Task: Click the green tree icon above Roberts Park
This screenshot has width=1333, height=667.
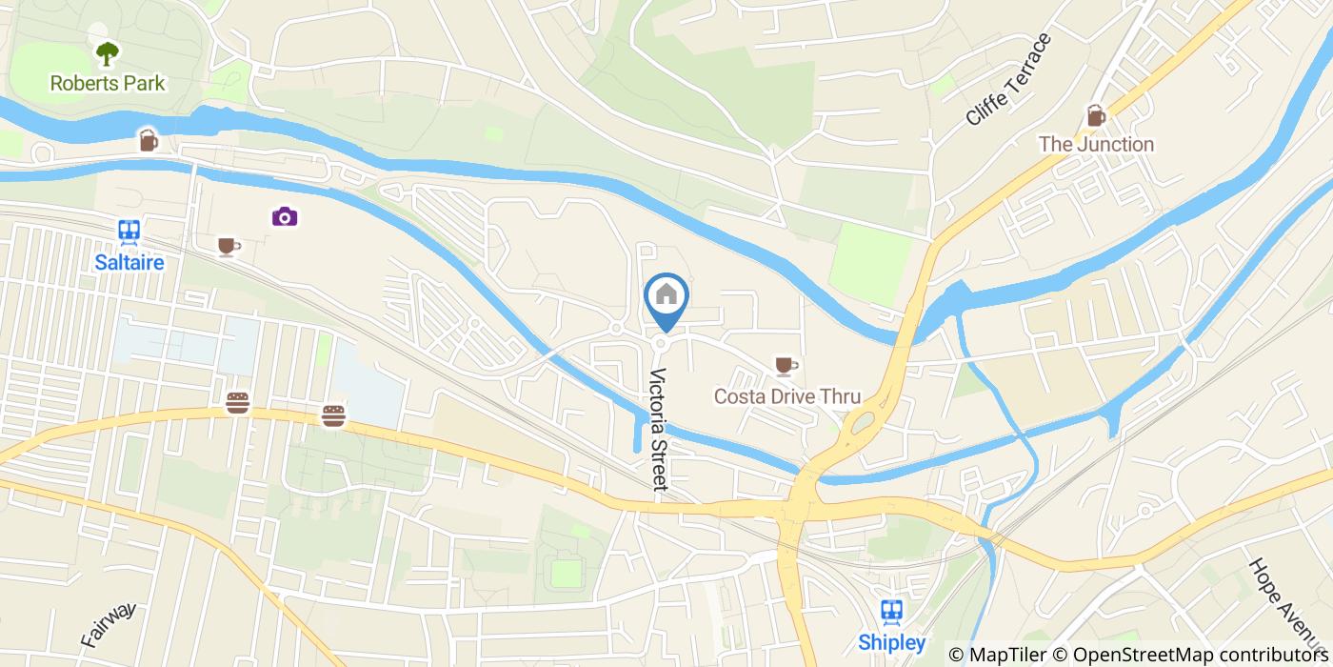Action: pyautogui.click(x=108, y=52)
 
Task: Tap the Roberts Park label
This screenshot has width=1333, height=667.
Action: pyautogui.click(x=108, y=83)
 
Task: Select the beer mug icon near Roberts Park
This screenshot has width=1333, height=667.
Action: pyautogui.click(x=148, y=140)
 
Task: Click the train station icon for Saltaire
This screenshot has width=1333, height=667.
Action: pyautogui.click(x=129, y=232)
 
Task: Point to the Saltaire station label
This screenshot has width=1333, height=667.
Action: pyautogui.click(x=129, y=262)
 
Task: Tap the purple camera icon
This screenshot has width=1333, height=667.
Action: pyautogui.click(x=284, y=216)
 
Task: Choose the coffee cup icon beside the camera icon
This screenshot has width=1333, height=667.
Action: pyautogui.click(x=227, y=247)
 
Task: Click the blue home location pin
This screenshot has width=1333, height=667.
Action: pyautogui.click(x=666, y=297)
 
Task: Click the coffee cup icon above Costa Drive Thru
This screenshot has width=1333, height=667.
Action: pyautogui.click(x=785, y=365)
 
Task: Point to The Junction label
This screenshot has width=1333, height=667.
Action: pyautogui.click(x=1096, y=145)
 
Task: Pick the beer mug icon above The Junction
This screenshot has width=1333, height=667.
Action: pyautogui.click(x=1096, y=115)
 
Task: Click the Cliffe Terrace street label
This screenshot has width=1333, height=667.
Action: pyautogui.click(x=1007, y=80)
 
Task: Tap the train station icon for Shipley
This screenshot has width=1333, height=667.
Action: pyautogui.click(x=892, y=611)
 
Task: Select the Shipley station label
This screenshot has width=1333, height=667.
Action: pyautogui.click(x=892, y=642)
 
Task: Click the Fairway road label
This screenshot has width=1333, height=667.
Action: pyautogui.click(x=109, y=625)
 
